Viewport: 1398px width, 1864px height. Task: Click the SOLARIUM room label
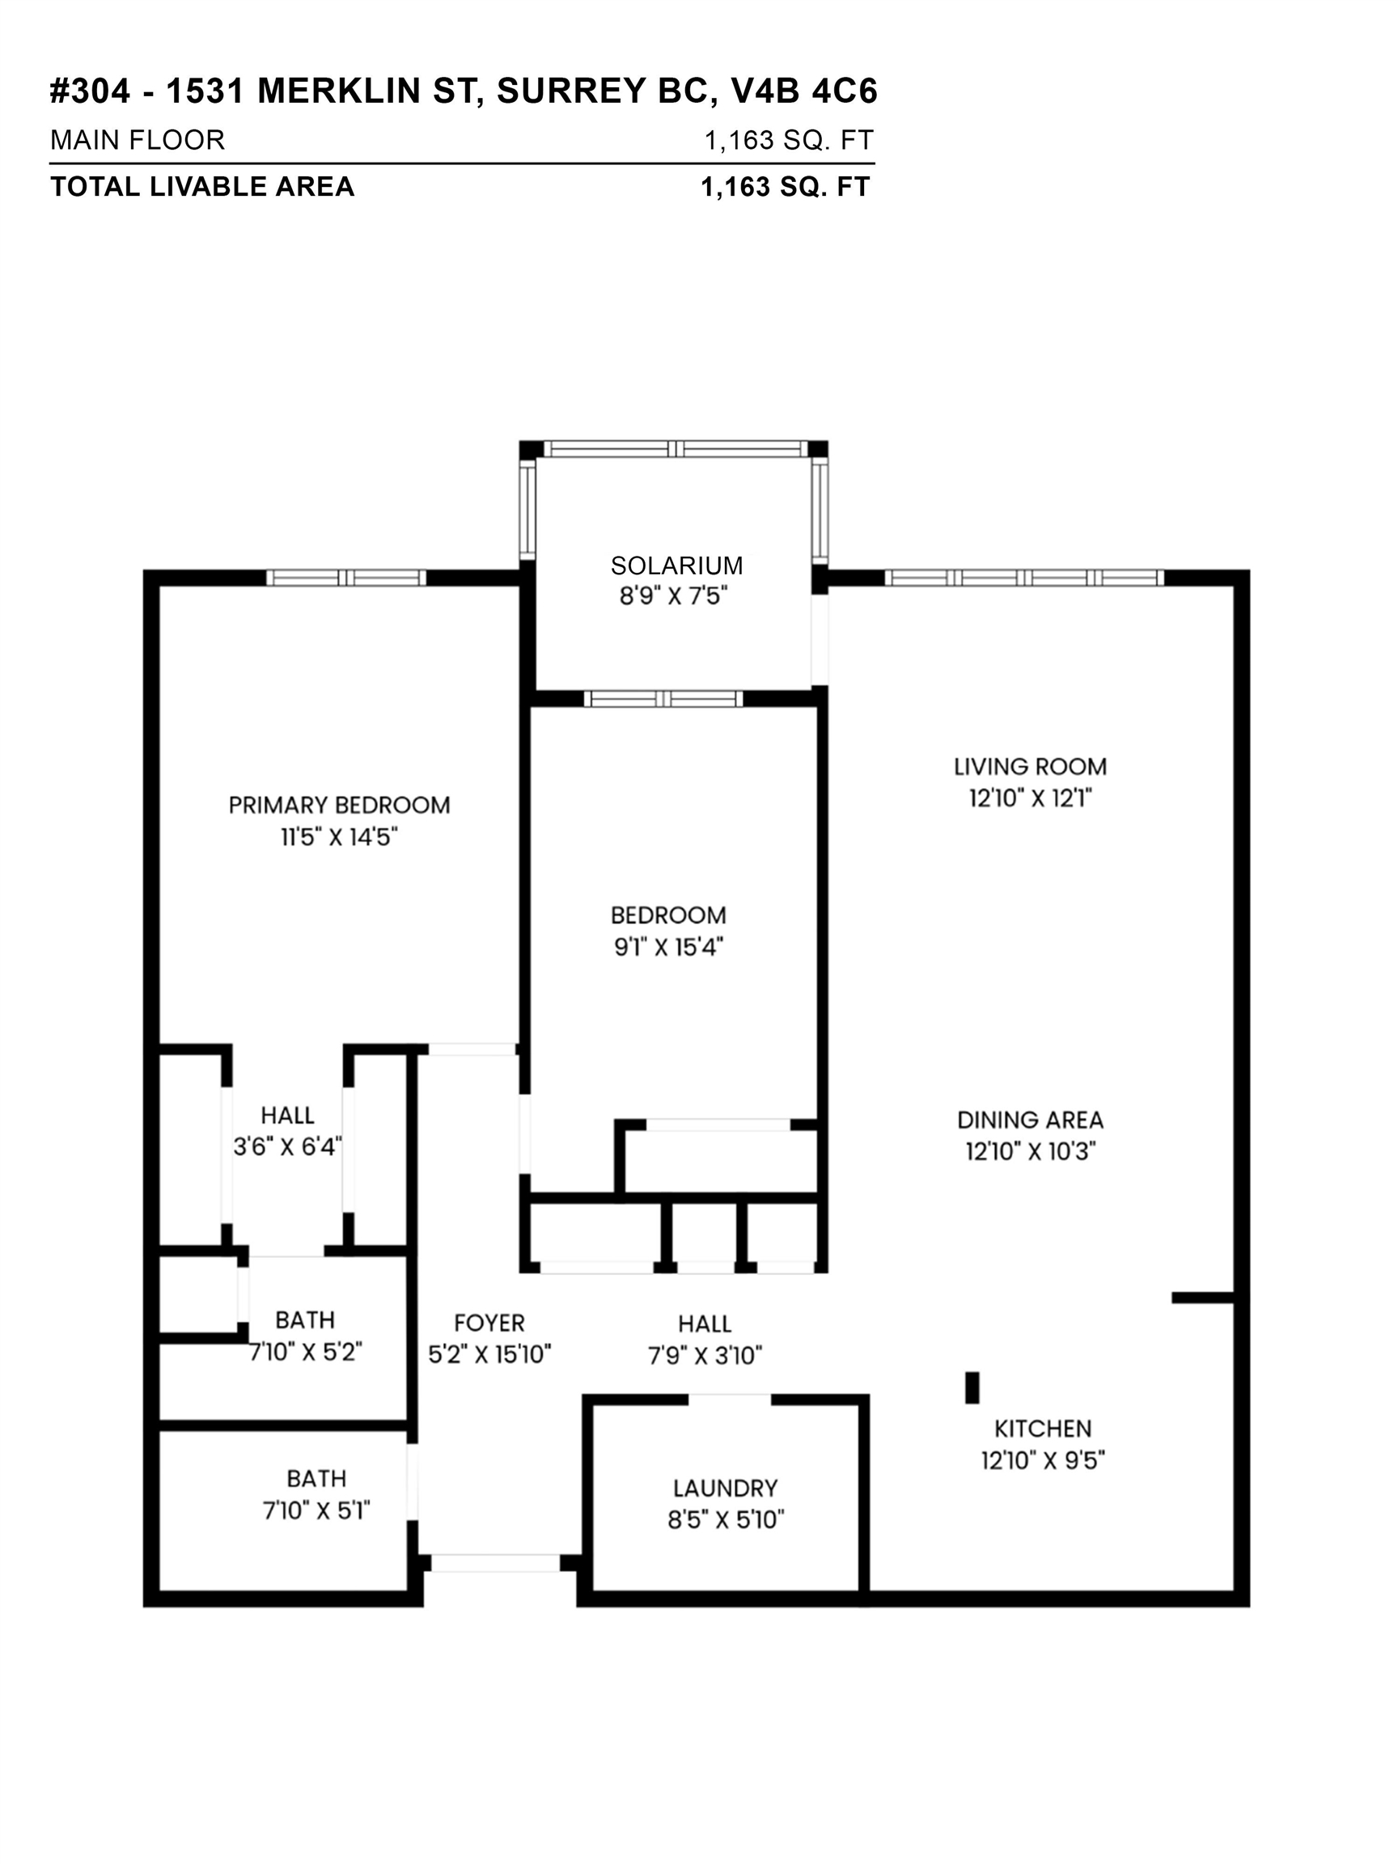pyautogui.click(x=676, y=566)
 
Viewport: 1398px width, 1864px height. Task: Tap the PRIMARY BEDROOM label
pyautogui.click(x=339, y=805)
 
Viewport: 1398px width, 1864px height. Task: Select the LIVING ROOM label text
pyautogui.click(x=1030, y=767)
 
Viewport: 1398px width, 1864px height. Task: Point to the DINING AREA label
pyautogui.click(x=1030, y=1120)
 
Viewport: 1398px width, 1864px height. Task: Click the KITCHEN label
pyautogui.click(x=1042, y=1428)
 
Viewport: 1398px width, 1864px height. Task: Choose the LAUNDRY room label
pyautogui.click(x=725, y=1488)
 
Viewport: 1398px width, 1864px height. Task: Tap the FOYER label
pyautogui.click(x=489, y=1323)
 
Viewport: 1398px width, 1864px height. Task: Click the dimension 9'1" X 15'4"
pyautogui.click(x=668, y=947)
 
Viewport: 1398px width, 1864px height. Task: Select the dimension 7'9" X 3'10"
pyautogui.click(x=705, y=1355)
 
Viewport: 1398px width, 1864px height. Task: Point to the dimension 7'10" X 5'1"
pyautogui.click(x=316, y=1510)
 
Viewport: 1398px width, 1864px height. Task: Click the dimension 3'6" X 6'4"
pyautogui.click(x=287, y=1146)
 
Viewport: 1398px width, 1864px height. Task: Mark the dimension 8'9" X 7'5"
pyautogui.click(x=672, y=595)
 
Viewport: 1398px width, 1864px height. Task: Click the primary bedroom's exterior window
pyautogui.click(x=346, y=578)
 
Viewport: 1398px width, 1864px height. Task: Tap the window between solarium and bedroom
pyautogui.click(x=664, y=698)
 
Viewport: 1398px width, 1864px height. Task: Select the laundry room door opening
pyautogui.click(x=730, y=1400)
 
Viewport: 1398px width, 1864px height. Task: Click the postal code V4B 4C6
pyautogui.click(x=804, y=91)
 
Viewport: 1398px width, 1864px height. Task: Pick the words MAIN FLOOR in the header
pyautogui.click(x=138, y=140)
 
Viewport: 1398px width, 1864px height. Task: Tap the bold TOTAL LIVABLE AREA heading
pyautogui.click(x=202, y=186)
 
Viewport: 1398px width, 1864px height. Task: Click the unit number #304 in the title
pyautogui.click(x=90, y=91)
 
